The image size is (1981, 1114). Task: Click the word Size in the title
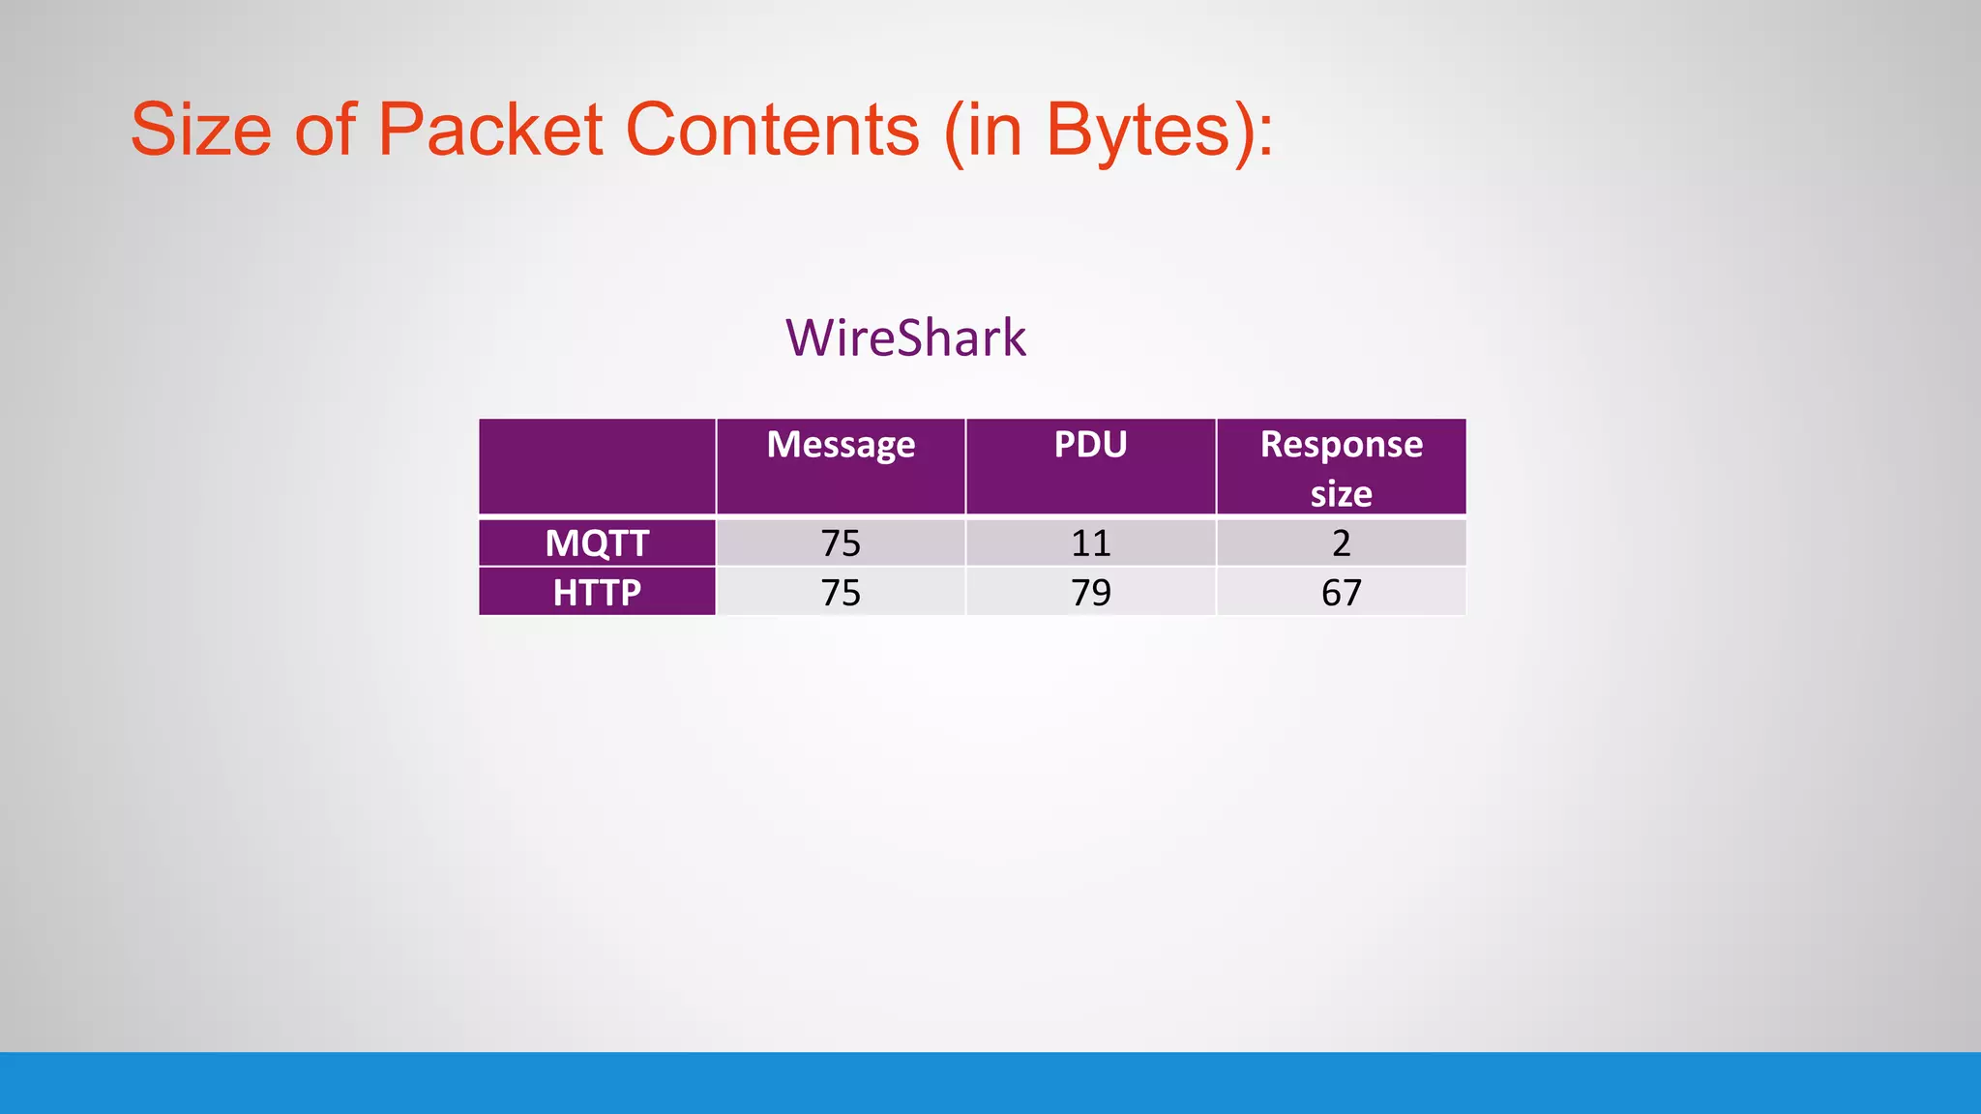(201, 131)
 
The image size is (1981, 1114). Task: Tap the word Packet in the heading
(490, 131)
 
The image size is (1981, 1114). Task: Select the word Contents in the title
(773, 131)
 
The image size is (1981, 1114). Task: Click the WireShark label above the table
(905, 338)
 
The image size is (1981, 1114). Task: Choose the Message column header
(841, 445)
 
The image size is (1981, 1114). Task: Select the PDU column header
(1090, 445)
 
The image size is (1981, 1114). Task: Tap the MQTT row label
(597, 543)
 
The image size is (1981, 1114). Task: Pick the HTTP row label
(597, 593)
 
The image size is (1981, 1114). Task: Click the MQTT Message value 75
(841, 543)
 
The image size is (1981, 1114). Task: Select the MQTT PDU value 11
(1090, 543)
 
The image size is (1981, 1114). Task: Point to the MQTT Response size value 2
(1341, 543)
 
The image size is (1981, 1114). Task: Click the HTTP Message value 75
(841, 593)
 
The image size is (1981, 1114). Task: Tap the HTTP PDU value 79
(1090, 593)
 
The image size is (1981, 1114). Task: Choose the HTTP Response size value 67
(1341, 593)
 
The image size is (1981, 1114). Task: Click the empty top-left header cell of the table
(597, 466)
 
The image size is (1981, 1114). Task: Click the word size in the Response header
(1341, 494)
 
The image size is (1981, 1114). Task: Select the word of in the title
(325, 131)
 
